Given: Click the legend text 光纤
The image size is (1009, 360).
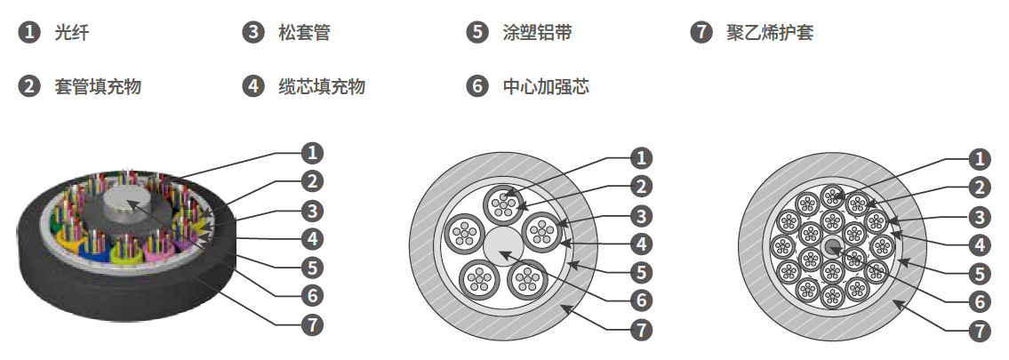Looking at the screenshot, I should coord(72,34).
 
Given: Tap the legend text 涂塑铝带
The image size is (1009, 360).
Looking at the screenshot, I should coord(538,34).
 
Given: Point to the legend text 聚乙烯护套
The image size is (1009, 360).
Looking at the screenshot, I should coord(770,34).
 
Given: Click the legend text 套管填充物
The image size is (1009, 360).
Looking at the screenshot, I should coord(98,86).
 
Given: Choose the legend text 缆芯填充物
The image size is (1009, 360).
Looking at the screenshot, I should coord(322,86).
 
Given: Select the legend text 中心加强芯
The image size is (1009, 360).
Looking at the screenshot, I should coord(546,86).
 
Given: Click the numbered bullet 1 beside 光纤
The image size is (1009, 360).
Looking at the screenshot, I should coord(29,34).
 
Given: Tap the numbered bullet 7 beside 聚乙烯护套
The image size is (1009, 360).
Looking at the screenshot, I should coord(701,34).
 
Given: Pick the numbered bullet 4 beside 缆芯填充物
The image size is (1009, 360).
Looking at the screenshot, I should coord(253,86).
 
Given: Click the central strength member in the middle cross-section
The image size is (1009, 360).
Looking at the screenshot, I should coord(505,244).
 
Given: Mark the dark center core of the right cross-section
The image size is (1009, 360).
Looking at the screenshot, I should coord(832,245).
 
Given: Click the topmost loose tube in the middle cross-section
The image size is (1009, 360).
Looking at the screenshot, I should coord(505,204).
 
